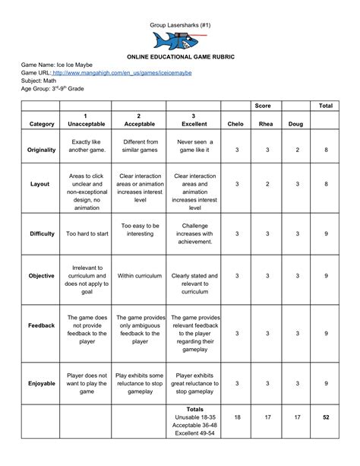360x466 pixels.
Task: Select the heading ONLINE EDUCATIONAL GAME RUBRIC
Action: point(180,57)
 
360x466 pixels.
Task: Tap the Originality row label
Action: point(42,150)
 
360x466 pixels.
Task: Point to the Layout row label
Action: point(39,185)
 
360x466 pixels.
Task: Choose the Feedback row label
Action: point(41,325)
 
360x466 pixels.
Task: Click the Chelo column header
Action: point(236,123)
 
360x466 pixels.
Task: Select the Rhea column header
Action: point(267,123)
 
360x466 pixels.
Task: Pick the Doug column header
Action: point(296,123)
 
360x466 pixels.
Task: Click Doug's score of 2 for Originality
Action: point(297,151)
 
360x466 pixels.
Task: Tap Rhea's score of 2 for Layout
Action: point(267,185)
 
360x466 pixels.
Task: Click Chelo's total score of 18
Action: point(237,417)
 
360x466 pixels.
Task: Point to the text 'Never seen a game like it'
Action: point(195,146)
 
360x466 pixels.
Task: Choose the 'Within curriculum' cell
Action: point(141,276)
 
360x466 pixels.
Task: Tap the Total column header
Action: point(327,105)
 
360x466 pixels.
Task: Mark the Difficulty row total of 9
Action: point(327,234)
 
